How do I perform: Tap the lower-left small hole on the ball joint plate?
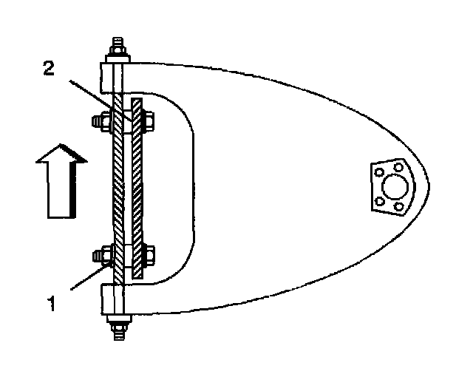(x=380, y=200)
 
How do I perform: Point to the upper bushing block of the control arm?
(x=111, y=75)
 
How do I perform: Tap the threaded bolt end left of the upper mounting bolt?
(x=96, y=120)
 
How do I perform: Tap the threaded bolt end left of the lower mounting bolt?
(x=96, y=256)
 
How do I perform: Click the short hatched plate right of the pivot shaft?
(x=137, y=188)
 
